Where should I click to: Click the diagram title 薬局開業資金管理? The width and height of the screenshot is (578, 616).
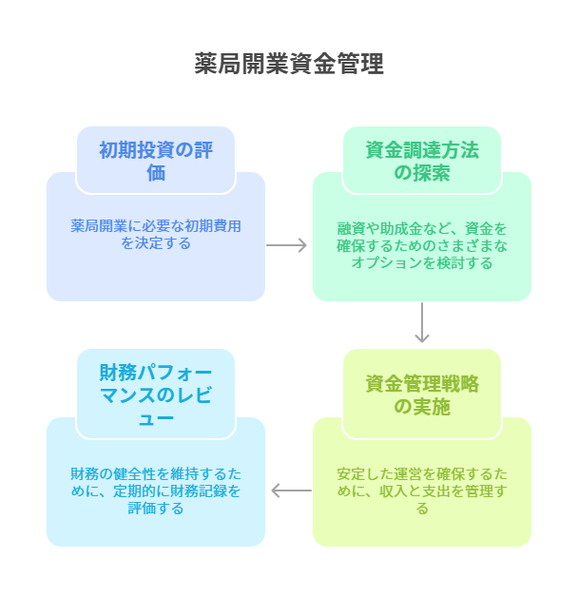[x=289, y=64]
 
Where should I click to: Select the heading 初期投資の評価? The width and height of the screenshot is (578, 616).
[x=156, y=161]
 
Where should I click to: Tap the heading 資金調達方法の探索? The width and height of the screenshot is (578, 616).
[x=422, y=161]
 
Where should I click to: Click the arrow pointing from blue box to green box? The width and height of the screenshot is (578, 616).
[x=288, y=245]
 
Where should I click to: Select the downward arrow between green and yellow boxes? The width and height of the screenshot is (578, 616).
[x=422, y=324]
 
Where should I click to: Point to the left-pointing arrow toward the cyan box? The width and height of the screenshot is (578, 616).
[x=290, y=491]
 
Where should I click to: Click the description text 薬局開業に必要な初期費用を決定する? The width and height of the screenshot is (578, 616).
[x=156, y=235]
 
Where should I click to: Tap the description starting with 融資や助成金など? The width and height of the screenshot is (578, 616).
[x=422, y=245]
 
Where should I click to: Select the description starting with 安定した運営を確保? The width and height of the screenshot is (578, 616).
[x=422, y=491]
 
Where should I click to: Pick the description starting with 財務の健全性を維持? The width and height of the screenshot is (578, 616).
[x=156, y=491]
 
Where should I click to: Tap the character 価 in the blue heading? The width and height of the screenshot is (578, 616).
[x=156, y=172]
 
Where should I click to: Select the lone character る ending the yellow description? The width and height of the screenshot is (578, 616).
[x=422, y=508]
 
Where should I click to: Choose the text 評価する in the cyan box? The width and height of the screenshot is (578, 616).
[x=156, y=508]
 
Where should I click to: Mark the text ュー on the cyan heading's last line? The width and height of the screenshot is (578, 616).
[x=156, y=416]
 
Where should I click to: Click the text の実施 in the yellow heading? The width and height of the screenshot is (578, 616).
[x=422, y=407]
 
